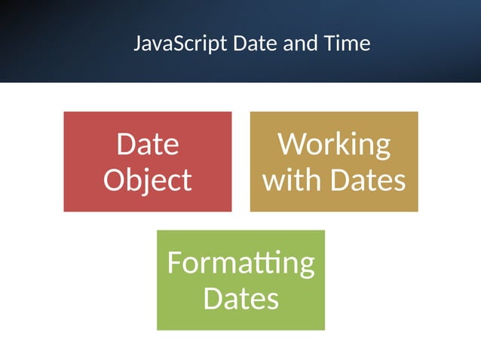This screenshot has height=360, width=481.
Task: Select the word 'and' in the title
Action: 294,43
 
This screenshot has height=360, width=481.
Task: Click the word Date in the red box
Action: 147,143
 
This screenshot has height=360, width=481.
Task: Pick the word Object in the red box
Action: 147,180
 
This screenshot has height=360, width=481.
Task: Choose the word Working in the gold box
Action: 334,143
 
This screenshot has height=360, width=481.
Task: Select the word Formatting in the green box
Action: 240,263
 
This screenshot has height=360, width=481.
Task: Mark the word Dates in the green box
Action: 240,299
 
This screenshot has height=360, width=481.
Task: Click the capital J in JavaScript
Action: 137,44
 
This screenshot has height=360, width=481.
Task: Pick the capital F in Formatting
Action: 175,263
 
